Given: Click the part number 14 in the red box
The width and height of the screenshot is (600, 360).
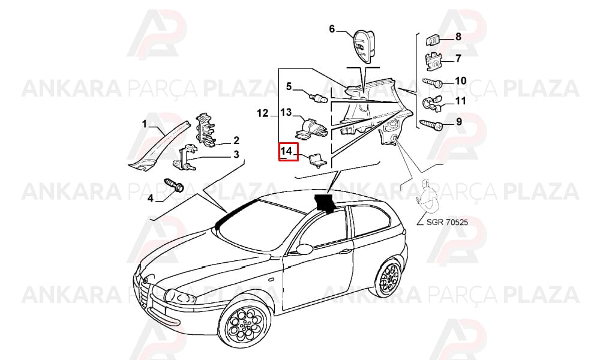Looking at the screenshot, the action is coord(286,151).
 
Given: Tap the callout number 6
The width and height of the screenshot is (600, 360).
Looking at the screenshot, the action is coord(332,29).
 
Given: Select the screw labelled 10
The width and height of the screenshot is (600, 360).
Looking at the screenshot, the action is coord(433,82).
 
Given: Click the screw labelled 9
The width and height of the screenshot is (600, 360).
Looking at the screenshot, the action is coord(431,125).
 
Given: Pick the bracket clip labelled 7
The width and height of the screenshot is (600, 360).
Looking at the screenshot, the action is coord(434,61).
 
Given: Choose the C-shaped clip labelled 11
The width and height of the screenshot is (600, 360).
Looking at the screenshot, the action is coord(433,103).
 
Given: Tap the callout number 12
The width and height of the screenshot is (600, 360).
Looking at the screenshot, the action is coord(263,113).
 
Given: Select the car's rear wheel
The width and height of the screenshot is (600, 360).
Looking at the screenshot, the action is coord(389,277).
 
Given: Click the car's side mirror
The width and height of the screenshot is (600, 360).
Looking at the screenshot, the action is coord(304,249).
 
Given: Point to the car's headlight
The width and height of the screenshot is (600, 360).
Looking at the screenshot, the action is coord(179,296).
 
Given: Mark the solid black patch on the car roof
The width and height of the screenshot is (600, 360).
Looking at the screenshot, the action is coord(325,202).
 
